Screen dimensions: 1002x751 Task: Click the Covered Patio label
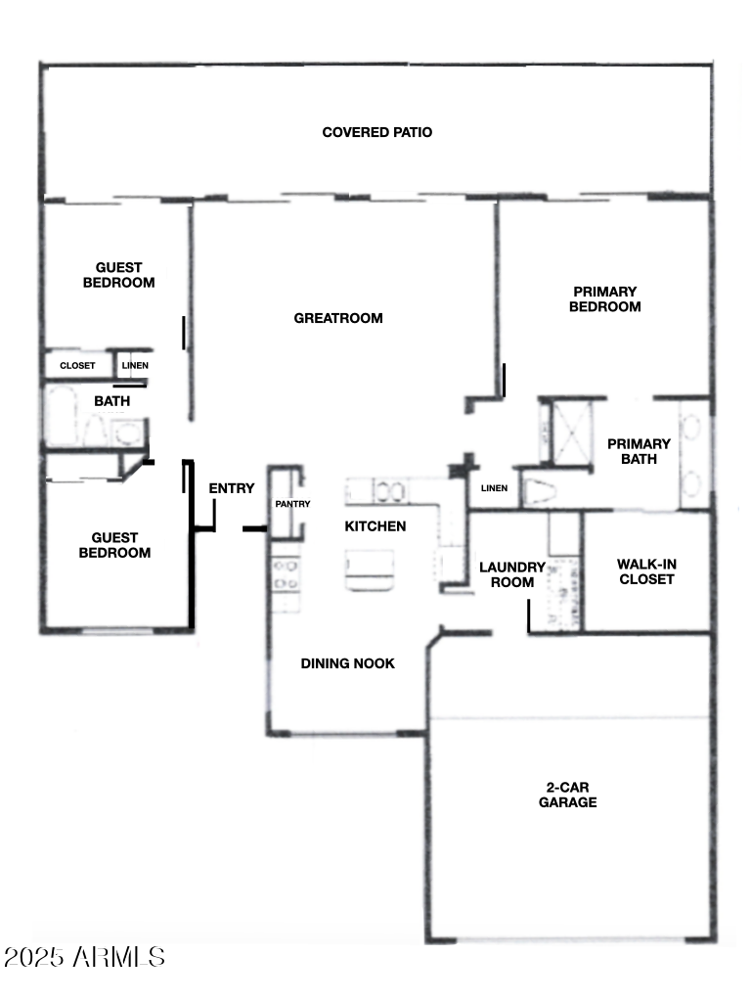point(376,132)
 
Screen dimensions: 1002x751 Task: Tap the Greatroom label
point(338,318)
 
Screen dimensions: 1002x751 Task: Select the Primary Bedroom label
point(606,298)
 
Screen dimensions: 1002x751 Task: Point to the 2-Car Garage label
point(567,795)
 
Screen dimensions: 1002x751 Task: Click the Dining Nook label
point(347,663)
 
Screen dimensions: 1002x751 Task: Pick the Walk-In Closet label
point(645,571)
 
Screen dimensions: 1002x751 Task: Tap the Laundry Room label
point(511,574)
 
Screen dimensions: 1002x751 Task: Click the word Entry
point(232,489)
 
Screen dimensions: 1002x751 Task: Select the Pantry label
point(292,504)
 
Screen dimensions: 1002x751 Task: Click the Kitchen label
point(375,526)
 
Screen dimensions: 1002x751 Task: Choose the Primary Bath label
point(639,451)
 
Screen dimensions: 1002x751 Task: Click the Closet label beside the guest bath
point(78,366)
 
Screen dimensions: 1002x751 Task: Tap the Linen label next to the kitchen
point(494,488)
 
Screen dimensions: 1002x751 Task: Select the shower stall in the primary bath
point(572,431)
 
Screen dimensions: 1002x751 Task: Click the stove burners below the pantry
point(285,574)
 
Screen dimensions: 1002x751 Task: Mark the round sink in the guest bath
point(127,433)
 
